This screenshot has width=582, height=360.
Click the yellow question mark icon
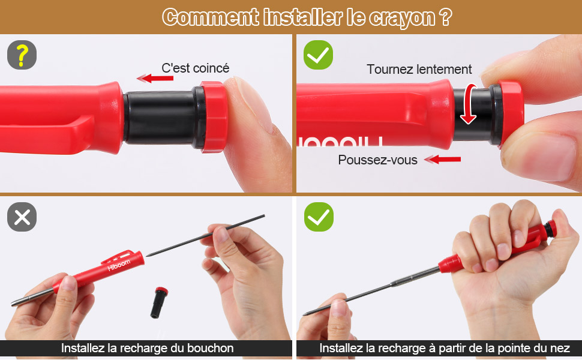pyautogui.click(x=22, y=55)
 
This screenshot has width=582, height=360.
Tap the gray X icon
pyautogui.click(x=22, y=217)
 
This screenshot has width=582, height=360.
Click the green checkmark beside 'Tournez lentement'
pyautogui.click(x=318, y=55)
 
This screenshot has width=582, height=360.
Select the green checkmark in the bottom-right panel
pyautogui.click(x=319, y=217)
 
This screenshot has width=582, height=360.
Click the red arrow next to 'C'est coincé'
pyautogui.click(x=155, y=79)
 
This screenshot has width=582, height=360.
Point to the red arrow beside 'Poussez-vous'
pyautogui.click(x=442, y=160)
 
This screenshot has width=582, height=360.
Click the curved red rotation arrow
pyautogui.click(x=469, y=104)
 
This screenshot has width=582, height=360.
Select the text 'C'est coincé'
pyautogui.click(x=195, y=68)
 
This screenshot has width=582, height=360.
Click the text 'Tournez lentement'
pyautogui.click(x=419, y=70)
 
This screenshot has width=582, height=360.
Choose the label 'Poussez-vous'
pyautogui.click(x=377, y=160)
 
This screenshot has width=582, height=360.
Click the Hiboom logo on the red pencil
pyautogui.click(x=119, y=265)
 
